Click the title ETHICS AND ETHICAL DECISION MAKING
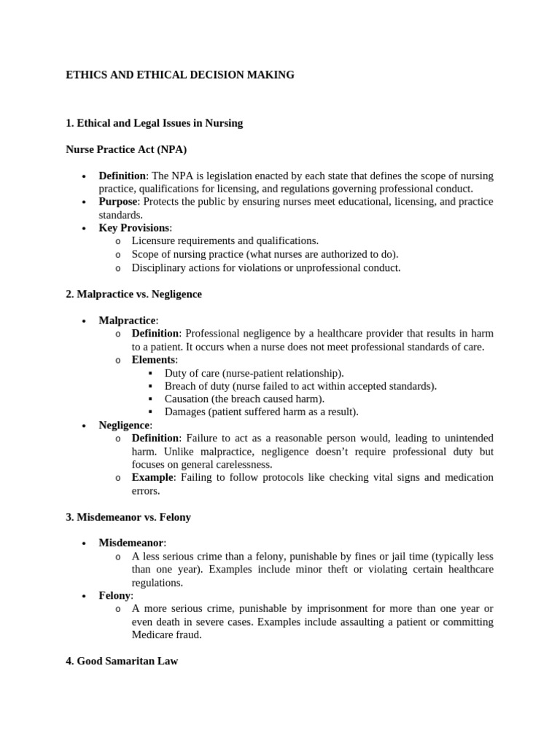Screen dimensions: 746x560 coord(180,75)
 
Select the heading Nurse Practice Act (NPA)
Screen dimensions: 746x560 coord(126,149)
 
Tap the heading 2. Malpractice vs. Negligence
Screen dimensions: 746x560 coord(133,294)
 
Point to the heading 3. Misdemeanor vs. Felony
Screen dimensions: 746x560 coord(129,517)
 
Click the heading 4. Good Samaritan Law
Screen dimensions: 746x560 coord(122,661)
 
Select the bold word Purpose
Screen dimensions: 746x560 coord(118,202)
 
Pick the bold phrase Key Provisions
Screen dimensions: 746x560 coord(134,228)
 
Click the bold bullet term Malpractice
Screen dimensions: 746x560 coord(128,321)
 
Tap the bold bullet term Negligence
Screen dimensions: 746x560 coord(125,425)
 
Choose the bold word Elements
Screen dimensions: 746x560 coord(153,360)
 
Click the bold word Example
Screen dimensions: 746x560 coord(152,478)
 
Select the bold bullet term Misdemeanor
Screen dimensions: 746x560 coord(132,543)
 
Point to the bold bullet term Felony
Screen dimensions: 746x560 coord(114,596)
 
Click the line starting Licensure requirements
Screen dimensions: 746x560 coord(225,241)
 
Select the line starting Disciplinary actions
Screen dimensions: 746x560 coord(266,267)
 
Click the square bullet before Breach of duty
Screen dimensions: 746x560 coord(150,386)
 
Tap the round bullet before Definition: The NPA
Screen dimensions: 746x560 coord(85,176)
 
